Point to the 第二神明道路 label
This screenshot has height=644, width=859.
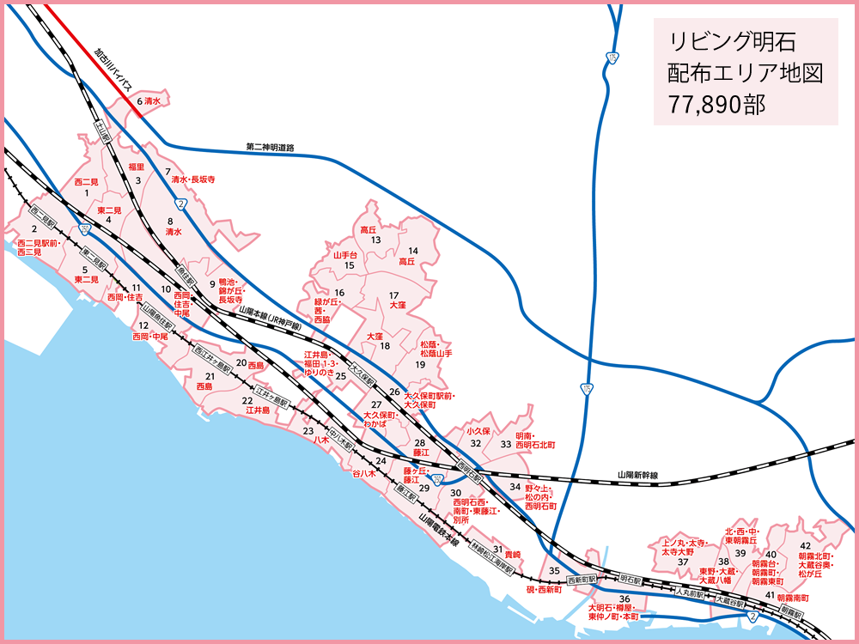coord(270,149)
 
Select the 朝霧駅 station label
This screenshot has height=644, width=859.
coord(791,613)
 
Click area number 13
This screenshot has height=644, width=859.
coord(375,241)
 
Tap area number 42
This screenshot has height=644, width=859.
coord(805,545)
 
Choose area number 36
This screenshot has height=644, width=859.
coord(625,598)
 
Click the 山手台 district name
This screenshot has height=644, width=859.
coord(344,255)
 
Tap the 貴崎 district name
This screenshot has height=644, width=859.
coord(513,554)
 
